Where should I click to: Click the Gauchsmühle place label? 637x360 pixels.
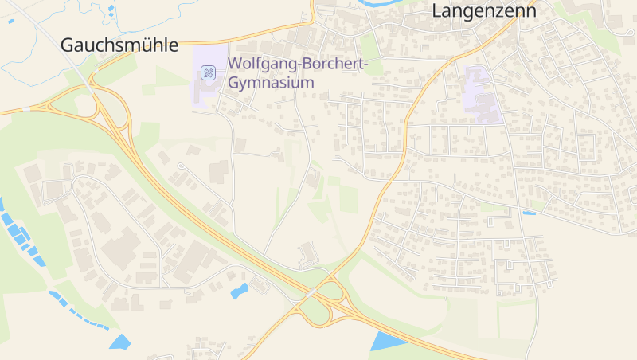[x=119, y=45]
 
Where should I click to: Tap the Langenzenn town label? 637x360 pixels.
[x=483, y=11]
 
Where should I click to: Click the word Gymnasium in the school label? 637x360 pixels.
[x=270, y=82]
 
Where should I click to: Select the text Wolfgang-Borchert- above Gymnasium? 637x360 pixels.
[x=297, y=65]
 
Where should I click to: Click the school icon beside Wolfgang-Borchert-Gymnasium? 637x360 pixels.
[x=208, y=73]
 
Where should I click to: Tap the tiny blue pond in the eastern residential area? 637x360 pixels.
[x=528, y=213]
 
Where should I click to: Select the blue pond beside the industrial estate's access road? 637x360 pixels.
[x=239, y=291]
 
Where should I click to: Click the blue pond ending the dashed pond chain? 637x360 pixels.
[x=120, y=342]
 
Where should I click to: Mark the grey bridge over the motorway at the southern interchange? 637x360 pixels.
[x=308, y=294]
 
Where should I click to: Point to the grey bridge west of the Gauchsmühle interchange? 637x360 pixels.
[x=30, y=107]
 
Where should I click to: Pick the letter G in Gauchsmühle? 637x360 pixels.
[x=68, y=45]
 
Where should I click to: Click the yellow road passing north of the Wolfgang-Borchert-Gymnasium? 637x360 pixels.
[x=263, y=34]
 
